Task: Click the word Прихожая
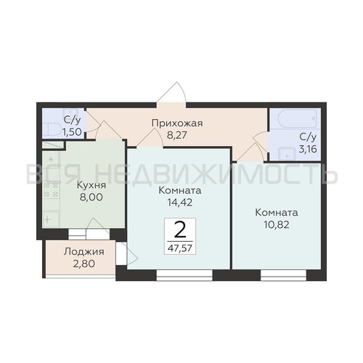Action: click(177, 123)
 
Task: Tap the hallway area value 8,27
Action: click(177, 135)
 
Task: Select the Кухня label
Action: click(91, 185)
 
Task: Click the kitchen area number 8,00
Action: click(91, 197)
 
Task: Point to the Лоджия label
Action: click(84, 252)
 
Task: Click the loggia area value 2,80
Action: click(84, 264)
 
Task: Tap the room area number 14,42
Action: click(180, 203)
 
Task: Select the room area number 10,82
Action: click(277, 225)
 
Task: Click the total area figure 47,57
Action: click(180, 248)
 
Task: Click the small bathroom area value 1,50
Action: click(72, 132)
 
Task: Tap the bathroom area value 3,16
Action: click(308, 149)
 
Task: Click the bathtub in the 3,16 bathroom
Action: click(298, 118)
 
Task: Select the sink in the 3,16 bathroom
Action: click(287, 154)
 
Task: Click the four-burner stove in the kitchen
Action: click(51, 190)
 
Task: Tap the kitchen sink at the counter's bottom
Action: click(51, 219)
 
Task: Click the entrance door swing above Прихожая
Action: click(171, 93)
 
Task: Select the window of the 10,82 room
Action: click(283, 275)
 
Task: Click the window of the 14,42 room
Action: click(184, 275)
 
